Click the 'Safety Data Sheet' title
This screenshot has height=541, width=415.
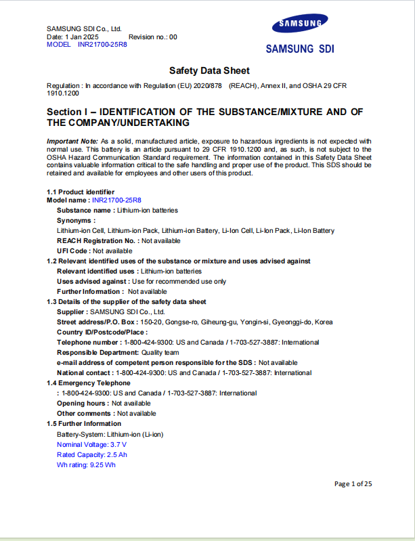pyautogui.click(x=209, y=70)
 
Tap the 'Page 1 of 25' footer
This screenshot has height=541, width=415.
pyautogui.click(x=353, y=483)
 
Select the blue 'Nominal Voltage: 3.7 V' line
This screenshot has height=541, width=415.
pyautogui.click(x=91, y=444)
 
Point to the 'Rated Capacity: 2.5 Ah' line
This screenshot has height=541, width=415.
pyautogui.click(x=91, y=454)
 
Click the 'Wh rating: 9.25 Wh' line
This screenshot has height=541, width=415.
pyautogui.click(x=86, y=465)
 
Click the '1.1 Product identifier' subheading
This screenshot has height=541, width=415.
pyautogui.click(x=80, y=192)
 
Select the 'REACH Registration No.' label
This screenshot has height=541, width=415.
pyautogui.click(x=96, y=240)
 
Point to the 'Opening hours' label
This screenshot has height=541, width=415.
pyautogui.click(x=82, y=403)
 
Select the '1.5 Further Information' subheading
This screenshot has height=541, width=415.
pyautogui.click(x=84, y=423)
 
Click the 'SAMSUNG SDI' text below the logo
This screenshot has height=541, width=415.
pyautogui.click(x=299, y=49)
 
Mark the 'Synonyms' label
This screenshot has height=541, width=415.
pyautogui.click(x=75, y=220)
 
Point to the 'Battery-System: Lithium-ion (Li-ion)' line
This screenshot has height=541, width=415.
pyautogui.click(x=110, y=434)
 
